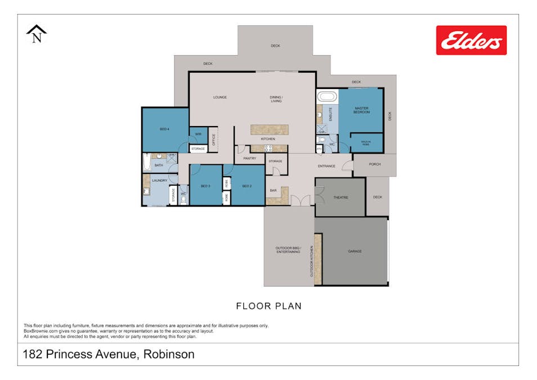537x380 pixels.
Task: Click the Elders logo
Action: click(471, 40)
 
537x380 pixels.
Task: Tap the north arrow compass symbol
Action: click(37, 34)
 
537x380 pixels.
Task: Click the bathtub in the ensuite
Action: click(327, 96)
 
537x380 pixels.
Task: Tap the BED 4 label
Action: click(164, 129)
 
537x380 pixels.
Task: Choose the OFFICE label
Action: click(213, 139)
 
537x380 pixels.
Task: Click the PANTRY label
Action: click(250, 159)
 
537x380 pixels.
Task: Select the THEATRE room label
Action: click(341, 198)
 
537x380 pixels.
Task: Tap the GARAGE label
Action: click(355, 251)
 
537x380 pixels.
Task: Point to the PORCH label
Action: click(375, 164)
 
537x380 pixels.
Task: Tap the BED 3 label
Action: click(205, 186)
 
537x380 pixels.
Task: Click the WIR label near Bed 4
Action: click(198, 135)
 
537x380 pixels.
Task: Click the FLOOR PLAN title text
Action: click(268, 306)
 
